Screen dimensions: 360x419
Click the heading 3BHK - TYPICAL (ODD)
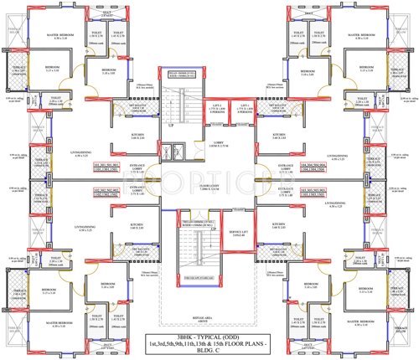point(209,337)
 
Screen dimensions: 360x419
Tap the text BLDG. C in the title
point(209,352)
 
